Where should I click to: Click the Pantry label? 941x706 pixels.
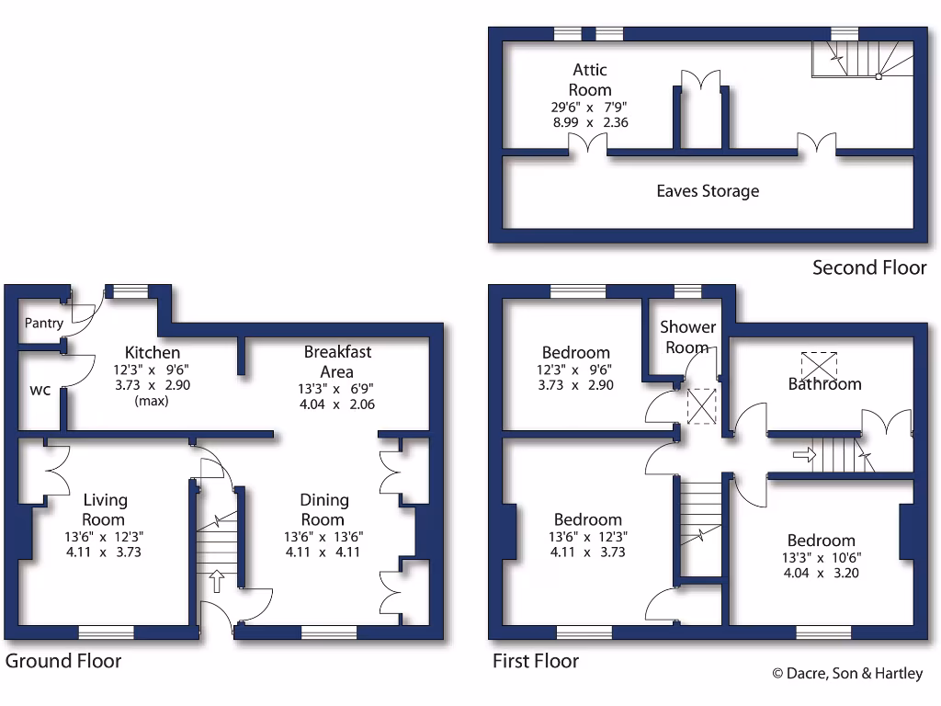44,324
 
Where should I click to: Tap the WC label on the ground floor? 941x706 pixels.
40,390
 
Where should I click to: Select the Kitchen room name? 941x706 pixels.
153,352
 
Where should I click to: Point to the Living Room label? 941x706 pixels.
106,509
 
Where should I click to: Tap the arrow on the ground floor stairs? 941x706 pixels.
217,580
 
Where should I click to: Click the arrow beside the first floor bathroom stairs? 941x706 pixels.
803,454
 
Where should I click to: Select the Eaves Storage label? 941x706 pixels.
708,191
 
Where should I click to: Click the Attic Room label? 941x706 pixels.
590,80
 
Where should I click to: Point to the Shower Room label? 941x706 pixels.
687,336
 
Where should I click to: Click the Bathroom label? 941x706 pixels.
824,384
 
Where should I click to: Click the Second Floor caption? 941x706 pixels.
869,268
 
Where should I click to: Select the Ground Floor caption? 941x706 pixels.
63,661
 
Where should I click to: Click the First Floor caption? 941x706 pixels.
536,661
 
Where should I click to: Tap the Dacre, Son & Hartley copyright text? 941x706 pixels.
846,674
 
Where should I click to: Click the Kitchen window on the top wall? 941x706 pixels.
126,291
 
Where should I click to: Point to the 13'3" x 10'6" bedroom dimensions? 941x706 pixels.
820,557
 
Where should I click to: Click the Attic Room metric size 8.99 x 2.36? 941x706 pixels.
589,121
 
